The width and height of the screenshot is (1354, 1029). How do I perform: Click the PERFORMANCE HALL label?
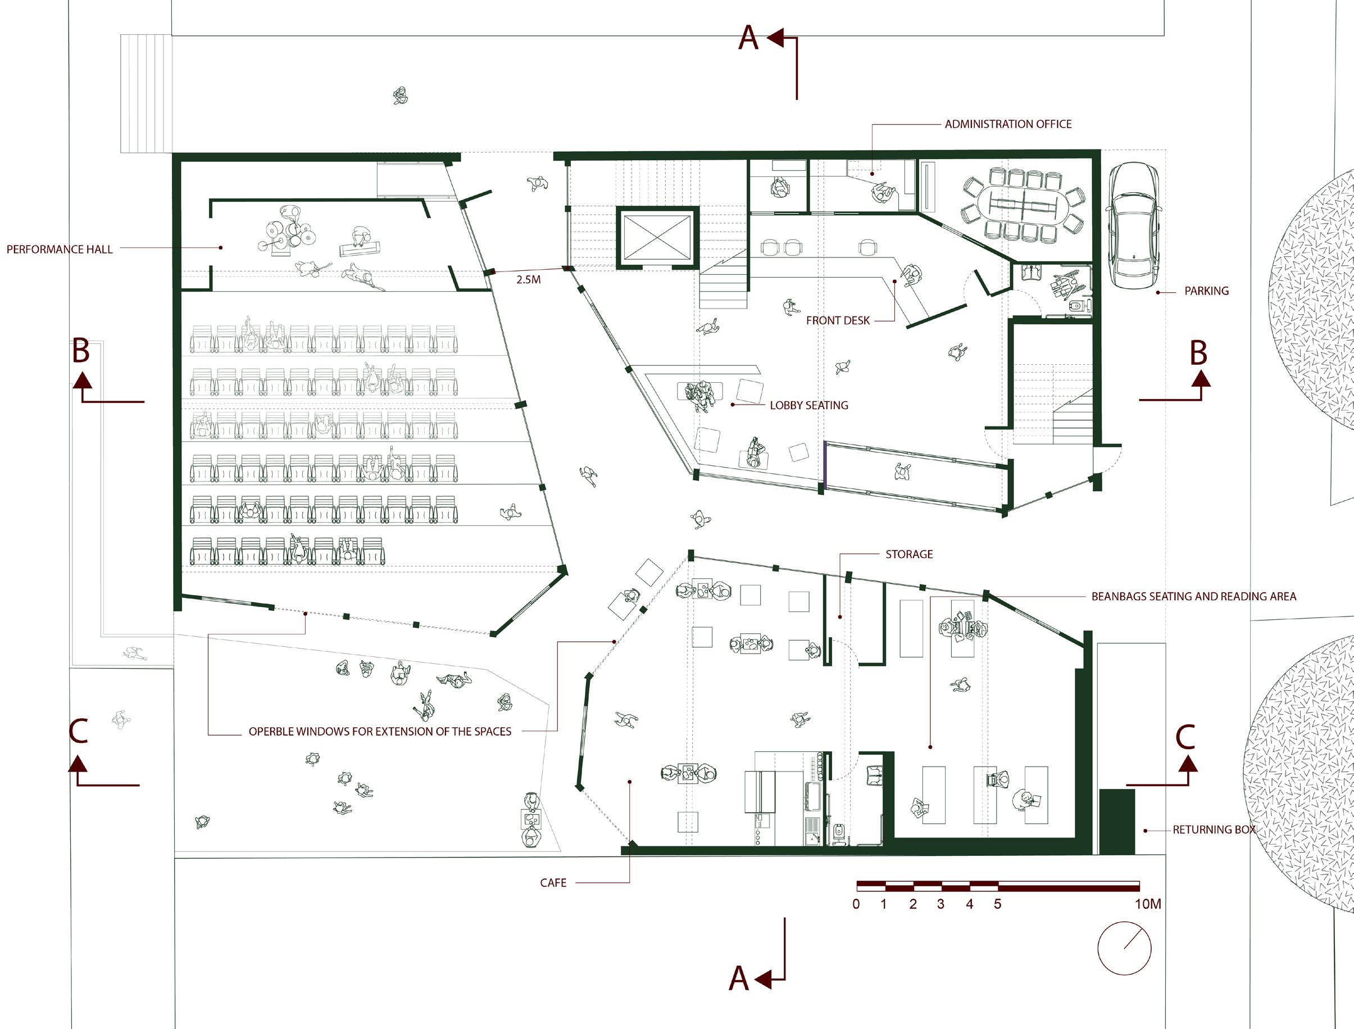[60, 250]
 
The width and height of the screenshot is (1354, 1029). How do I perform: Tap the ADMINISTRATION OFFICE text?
[1007, 124]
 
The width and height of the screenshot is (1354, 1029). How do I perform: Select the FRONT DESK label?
[837, 320]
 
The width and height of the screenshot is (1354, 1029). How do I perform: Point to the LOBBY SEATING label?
[808, 406]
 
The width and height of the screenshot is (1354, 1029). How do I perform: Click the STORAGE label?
[909, 554]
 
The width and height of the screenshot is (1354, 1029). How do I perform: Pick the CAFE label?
[553, 883]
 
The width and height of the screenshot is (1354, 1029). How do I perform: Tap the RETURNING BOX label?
[1214, 830]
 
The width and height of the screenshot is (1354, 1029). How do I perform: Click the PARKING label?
[1206, 291]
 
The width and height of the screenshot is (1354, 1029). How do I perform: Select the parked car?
[1135, 225]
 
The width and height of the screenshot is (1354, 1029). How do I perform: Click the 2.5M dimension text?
[528, 280]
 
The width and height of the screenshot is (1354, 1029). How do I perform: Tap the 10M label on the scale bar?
[1148, 904]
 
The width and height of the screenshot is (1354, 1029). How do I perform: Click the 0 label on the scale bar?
[856, 904]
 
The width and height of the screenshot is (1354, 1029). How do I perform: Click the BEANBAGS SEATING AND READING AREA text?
[1193, 597]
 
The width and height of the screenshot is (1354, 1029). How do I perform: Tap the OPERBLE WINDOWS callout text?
[380, 731]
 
